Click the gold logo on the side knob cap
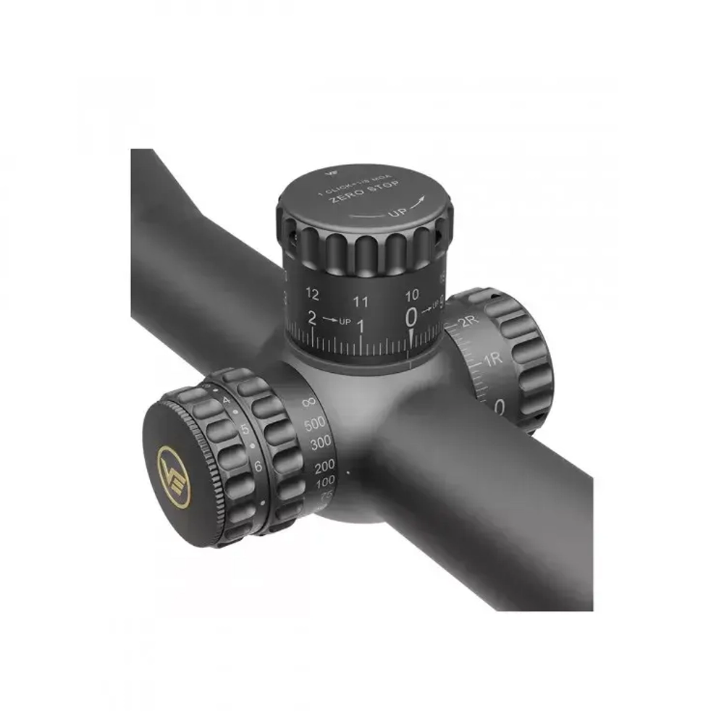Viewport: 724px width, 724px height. tap(174, 477)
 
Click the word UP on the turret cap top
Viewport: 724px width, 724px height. tap(397, 213)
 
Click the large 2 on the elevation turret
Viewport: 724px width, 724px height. tap(312, 318)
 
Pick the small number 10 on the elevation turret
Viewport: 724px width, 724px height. tap(411, 295)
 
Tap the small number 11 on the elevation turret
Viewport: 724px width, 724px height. tap(361, 301)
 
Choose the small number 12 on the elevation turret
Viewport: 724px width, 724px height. tap(312, 294)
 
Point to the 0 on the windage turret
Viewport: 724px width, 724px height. tap(500, 407)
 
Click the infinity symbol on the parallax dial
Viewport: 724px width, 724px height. tap(308, 400)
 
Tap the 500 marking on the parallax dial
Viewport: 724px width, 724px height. tap(316, 424)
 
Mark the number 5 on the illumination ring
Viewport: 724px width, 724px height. tap(245, 429)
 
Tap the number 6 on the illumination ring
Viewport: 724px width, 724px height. tap(258, 466)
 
